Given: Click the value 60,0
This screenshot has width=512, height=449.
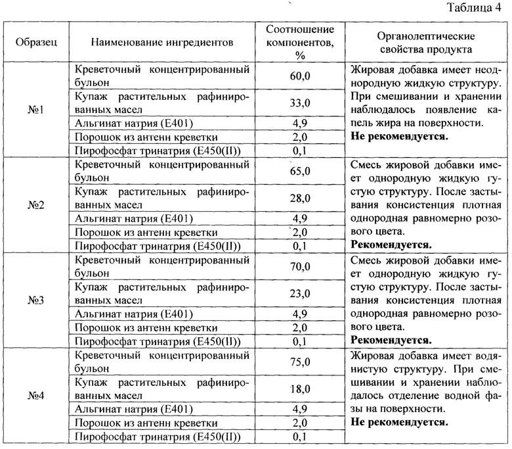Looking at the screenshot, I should point(299,76).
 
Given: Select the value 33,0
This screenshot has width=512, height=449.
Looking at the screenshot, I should point(299,103).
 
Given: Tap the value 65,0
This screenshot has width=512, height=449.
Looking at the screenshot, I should point(299,172).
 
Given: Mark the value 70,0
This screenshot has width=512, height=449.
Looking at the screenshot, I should point(299,267).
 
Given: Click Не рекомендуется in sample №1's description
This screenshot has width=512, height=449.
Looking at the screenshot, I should point(400,137).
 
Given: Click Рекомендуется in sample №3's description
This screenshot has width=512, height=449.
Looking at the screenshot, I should point(391,341).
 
